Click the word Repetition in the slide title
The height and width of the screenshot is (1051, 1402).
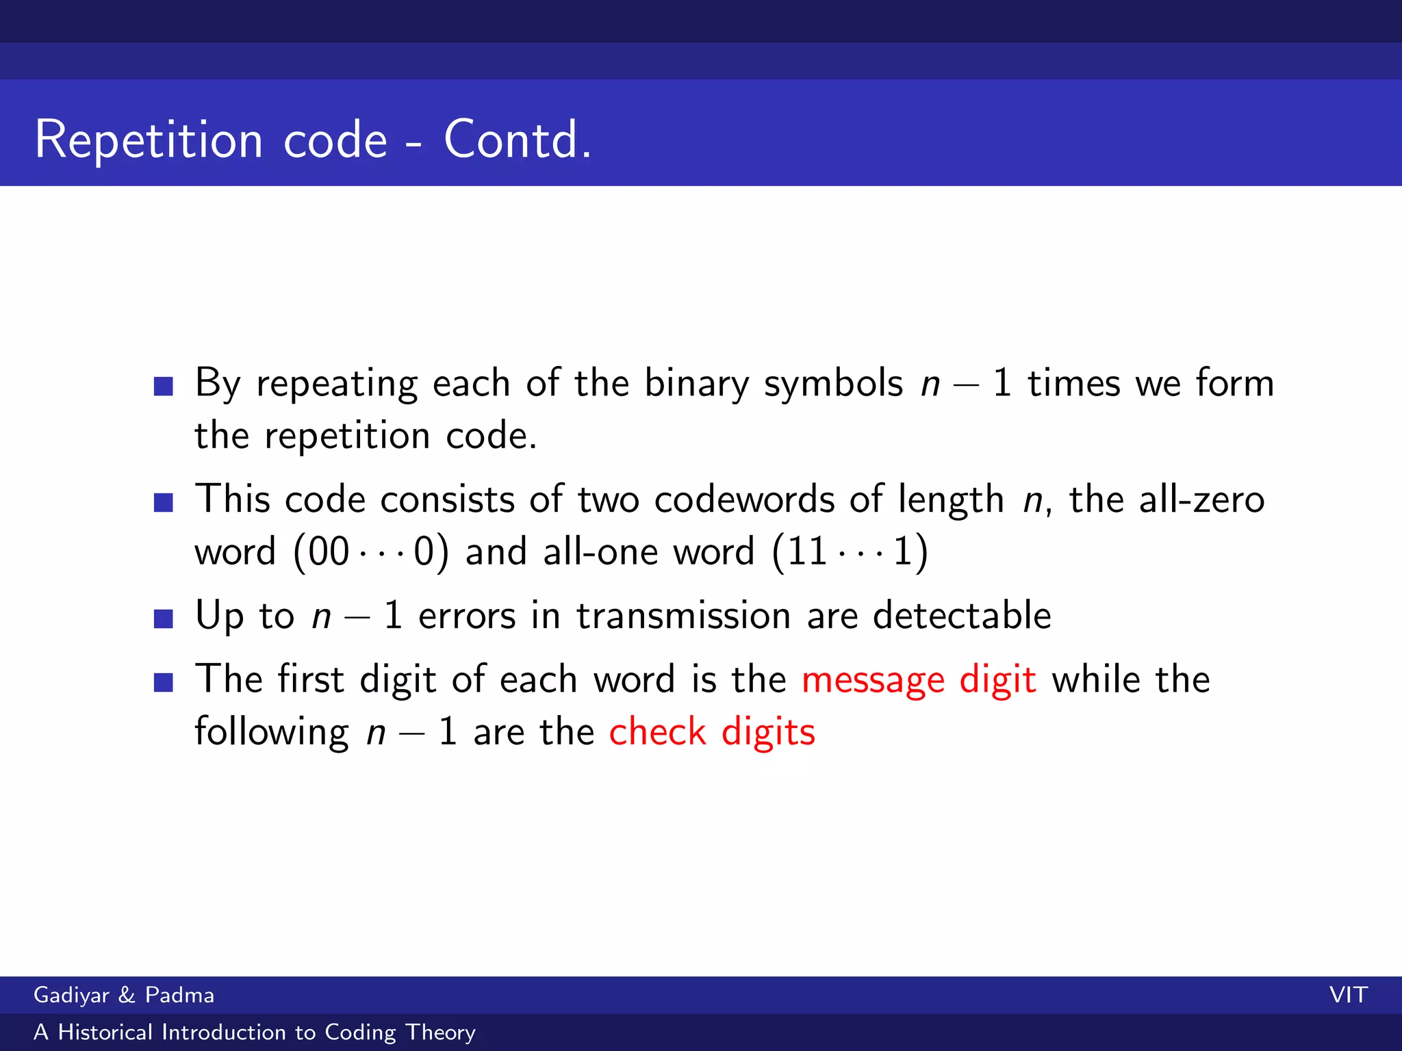149,140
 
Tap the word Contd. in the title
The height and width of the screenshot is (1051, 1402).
518,140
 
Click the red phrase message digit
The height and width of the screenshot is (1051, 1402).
919,679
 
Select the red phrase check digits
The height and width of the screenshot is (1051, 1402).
712,731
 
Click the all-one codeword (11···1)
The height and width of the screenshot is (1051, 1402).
850,552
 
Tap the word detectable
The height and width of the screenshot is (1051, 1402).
962,614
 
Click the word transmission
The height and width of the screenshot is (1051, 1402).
683,614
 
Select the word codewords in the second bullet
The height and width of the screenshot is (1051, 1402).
744,499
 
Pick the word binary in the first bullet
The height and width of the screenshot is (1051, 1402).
696,383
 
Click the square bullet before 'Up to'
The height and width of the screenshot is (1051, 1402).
164,619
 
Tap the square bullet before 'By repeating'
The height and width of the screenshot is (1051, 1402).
164,387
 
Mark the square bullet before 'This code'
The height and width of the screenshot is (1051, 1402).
164,503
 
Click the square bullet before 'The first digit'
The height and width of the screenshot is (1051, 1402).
164,682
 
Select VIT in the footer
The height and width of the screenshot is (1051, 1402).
1348,995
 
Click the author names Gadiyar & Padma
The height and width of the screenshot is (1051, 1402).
124,995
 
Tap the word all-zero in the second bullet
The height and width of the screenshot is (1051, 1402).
1201,499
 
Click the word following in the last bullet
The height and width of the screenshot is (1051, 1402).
272,731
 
